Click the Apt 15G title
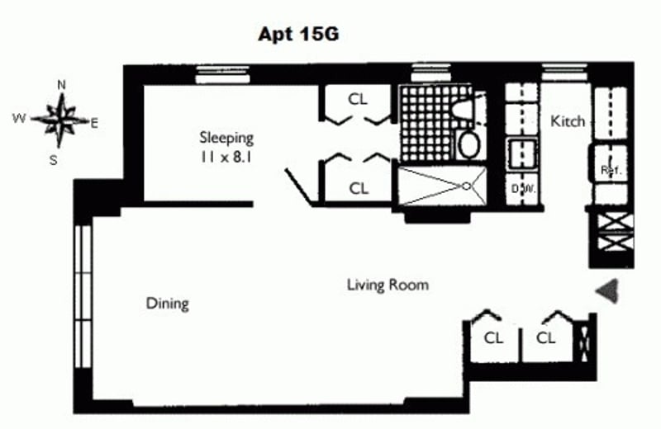(298, 34)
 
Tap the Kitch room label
(568, 121)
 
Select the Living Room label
(388, 285)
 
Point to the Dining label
(168, 304)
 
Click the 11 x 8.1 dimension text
(226, 158)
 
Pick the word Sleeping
(226, 138)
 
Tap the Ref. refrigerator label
(611, 170)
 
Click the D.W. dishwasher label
(523, 189)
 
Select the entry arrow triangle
(607, 290)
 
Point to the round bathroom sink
(468, 144)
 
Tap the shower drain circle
(466, 186)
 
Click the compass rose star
(61, 120)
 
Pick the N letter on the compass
(61, 85)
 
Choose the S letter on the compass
(53, 160)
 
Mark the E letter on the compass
(94, 124)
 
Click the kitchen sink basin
(522, 153)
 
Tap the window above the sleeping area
(223, 74)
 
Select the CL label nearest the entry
(545, 337)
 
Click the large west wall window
(83, 296)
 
